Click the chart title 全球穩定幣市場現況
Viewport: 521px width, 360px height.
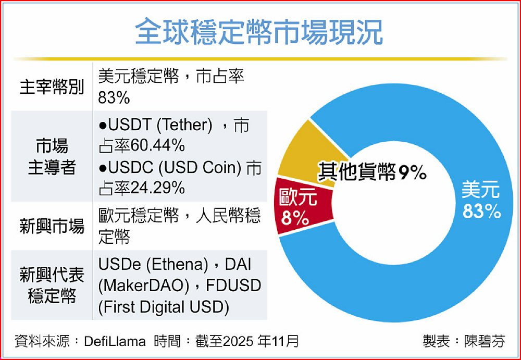(259, 32)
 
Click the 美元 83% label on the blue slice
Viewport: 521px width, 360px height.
(480, 201)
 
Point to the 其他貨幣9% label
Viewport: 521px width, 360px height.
(373, 172)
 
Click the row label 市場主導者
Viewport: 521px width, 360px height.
(52, 156)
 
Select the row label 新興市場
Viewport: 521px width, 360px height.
(52, 227)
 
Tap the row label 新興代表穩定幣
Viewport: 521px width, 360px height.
(52, 285)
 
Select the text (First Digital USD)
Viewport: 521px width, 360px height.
(164, 307)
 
